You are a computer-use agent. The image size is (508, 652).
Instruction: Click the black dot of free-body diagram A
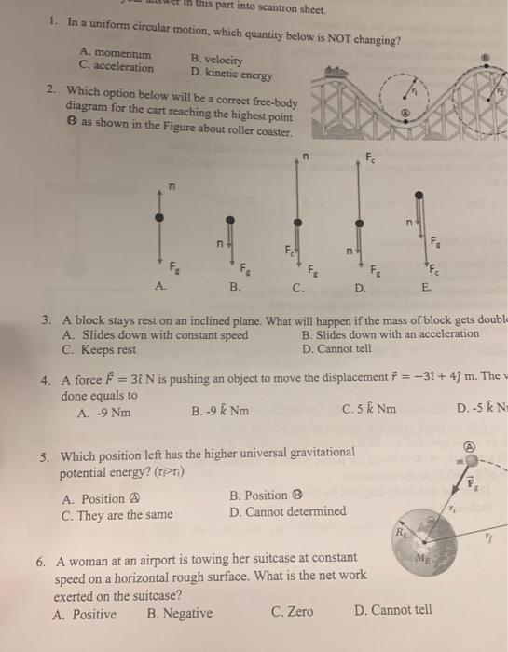(x=160, y=215)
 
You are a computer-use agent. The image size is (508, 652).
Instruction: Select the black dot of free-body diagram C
(x=297, y=223)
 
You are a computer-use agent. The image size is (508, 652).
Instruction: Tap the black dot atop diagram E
(x=419, y=196)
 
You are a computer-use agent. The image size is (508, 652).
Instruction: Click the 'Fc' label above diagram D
(x=370, y=156)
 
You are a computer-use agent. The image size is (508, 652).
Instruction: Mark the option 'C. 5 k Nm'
(x=369, y=408)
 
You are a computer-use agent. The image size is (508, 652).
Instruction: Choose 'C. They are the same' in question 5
(x=117, y=513)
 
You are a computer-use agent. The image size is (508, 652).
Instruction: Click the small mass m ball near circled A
(x=473, y=460)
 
